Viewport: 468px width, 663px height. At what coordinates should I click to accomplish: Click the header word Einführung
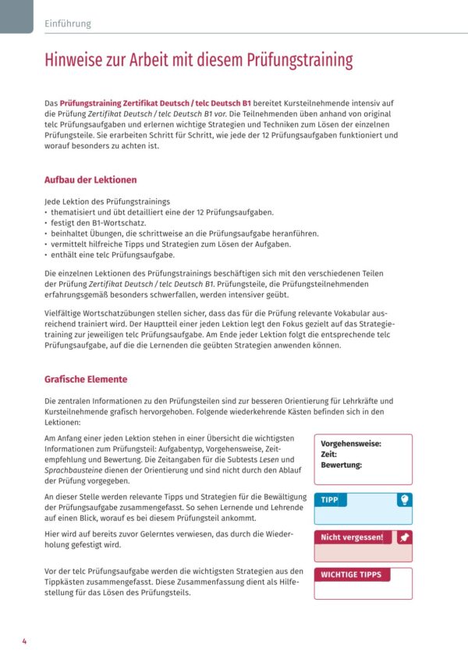[x=68, y=23]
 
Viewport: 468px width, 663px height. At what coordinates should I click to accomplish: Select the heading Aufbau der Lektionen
[x=90, y=180]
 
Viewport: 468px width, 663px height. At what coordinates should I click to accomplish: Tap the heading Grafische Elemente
[x=86, y=380]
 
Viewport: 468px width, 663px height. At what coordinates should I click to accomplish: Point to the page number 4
[x=24, y=642]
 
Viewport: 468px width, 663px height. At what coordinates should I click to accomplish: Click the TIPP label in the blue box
[x=330, y=500]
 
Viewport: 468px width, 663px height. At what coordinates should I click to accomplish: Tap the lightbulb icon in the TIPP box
[x=404, y=500]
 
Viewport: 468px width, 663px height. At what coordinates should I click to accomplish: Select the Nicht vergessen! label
[x=352, y=537]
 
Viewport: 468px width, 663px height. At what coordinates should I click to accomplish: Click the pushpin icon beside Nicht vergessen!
[x=404, y=537]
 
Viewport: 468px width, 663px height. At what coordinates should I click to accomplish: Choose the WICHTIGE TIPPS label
[x=351, y=575]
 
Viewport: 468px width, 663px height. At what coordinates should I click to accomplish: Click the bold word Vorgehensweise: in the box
[x=351, y=444]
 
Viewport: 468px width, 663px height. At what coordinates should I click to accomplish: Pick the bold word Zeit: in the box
[x=328, y=454]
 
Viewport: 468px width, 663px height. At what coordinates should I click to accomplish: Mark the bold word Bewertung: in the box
[x=342, y=465]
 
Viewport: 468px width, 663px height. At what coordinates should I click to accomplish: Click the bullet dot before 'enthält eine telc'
[x=46, y=255]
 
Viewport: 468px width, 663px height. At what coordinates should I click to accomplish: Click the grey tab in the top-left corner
[x=16, y=16]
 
